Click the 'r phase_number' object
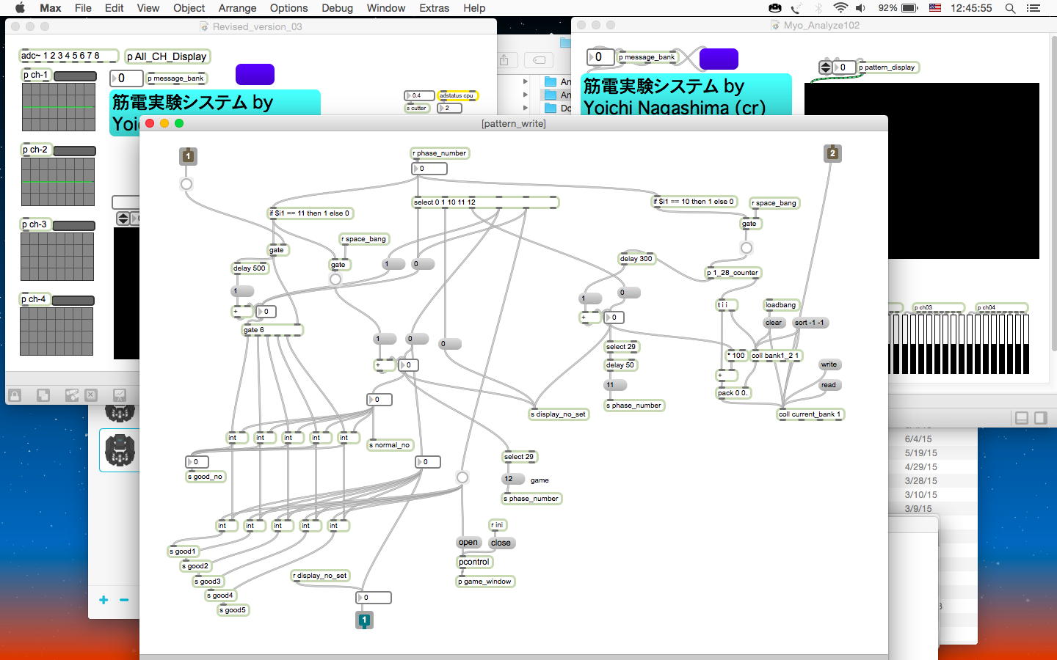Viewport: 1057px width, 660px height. coord(440,153)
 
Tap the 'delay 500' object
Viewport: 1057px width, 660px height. coord(250,268)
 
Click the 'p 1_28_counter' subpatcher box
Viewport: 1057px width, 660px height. coord(733,273)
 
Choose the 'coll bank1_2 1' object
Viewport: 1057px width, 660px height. coord(775,356)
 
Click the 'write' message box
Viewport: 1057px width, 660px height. coord(829,364)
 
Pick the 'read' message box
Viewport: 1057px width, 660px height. coord(829,385)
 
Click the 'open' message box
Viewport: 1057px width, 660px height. coord(468,543)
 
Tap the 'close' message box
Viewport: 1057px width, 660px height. coord(501,543)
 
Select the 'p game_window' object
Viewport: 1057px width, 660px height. coord(485,582)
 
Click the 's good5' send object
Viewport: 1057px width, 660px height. coord(233,610)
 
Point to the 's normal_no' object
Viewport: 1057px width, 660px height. coord(390,445)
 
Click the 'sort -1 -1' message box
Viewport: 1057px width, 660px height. coord(809,323)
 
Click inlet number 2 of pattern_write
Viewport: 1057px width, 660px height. coord(832,153)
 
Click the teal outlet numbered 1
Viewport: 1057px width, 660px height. coord(364,620)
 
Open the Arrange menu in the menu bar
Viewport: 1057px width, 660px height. coord(237,8)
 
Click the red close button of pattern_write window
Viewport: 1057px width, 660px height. coord(150,123)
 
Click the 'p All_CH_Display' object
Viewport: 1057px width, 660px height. coord(167,56)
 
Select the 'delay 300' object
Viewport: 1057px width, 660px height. coord(636,259)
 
